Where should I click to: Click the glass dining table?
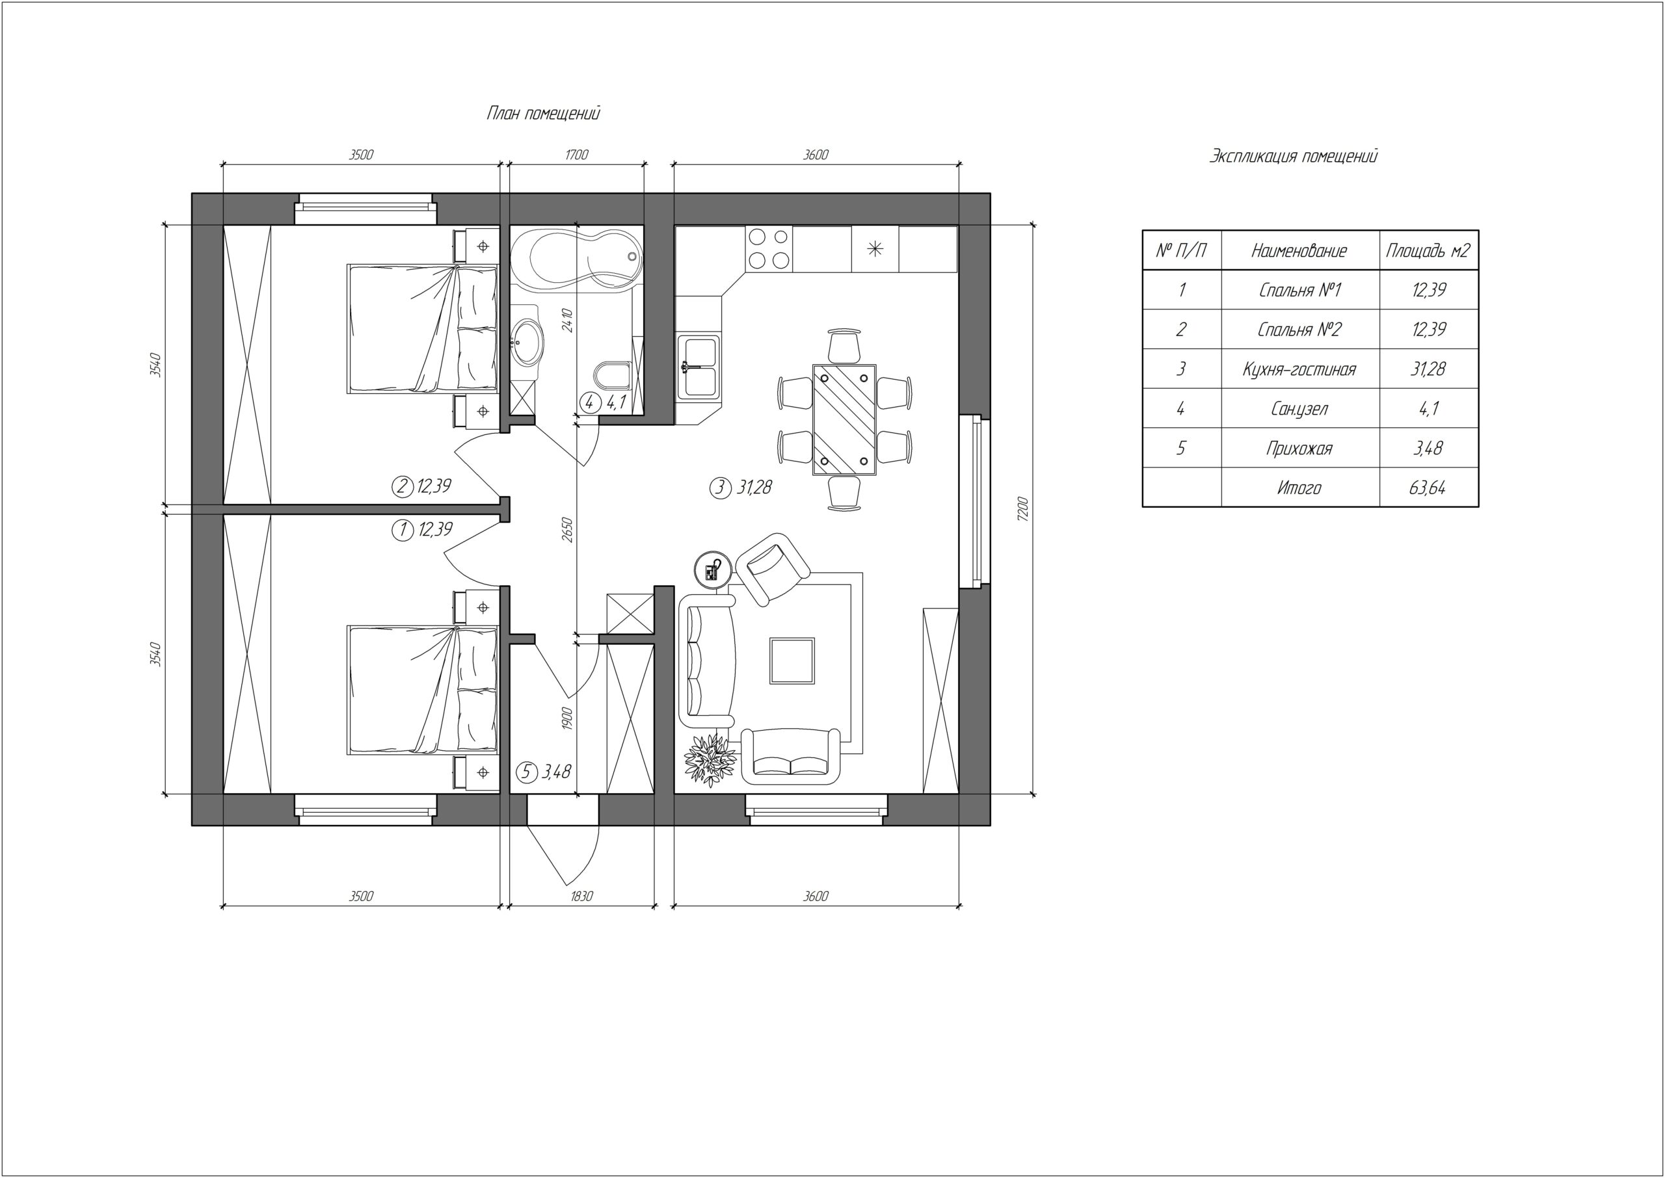pyautogui.click(x=844, y=419)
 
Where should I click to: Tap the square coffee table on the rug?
pyautogui.click(x=792, y=660)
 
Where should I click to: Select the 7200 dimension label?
pyautogui.click(x=1022, y=508)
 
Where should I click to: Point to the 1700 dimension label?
pyautogui.click(x=576, y=155)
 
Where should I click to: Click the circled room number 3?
pyautogui.click(x=720, y=488)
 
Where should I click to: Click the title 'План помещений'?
pyautogui.click(x=543, y=114)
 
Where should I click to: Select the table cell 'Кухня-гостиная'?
pyautogui.click(x=1299, y=369)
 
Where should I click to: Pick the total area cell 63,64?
pyautogui.click(x=1427, y=488)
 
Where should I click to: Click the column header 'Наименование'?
pyautogui.click(x=1299, y=251)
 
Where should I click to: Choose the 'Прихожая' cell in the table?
pyautogui.click(x=1299, y=449)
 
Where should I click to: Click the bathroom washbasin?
pyautogui.click(x=526, y=339)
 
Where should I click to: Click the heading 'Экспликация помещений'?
pyautogui.click(x=1293, y=156)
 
